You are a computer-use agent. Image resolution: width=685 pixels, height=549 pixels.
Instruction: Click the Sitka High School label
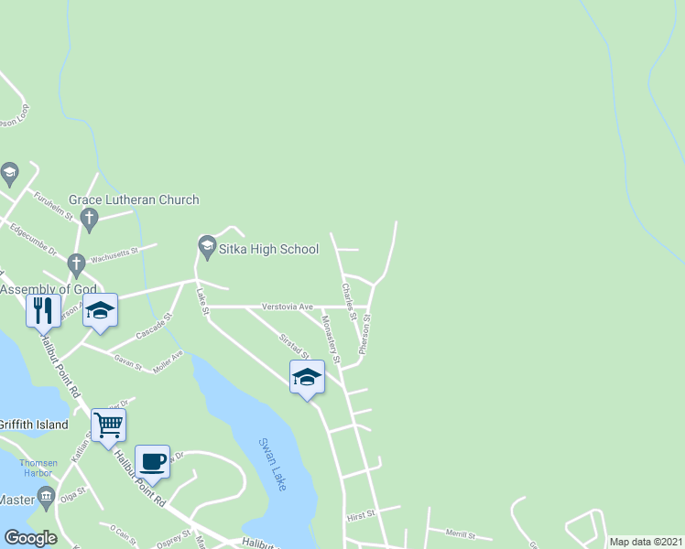tap(268, 249)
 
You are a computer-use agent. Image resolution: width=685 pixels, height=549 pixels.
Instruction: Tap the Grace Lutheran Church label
tap(134, 199)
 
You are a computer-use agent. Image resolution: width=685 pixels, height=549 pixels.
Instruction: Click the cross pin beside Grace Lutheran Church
tap(89, 219)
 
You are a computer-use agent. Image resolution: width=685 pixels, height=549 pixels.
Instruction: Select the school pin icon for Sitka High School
tap(206, 245)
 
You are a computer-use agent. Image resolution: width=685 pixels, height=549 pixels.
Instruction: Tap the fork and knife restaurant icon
tap(42, 311)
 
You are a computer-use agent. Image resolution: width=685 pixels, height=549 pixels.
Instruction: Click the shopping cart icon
tap(108, 425)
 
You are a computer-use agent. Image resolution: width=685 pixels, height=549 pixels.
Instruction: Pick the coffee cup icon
tap(152, 460)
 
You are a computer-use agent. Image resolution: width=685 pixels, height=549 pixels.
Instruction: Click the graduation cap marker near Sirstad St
tap(307, 376)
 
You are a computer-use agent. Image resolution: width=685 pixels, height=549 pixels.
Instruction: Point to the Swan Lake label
tap(273, 462)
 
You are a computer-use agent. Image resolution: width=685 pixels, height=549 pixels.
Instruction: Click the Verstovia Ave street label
tap(288, 307)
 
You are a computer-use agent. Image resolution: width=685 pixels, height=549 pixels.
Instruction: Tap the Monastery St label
tap(330, 340)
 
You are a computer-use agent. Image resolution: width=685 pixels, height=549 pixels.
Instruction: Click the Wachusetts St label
tap(114, 250)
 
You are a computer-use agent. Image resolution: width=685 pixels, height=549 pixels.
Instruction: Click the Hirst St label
tap(362, 515)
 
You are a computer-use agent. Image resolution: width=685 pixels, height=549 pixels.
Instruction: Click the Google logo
tap(30, 537)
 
